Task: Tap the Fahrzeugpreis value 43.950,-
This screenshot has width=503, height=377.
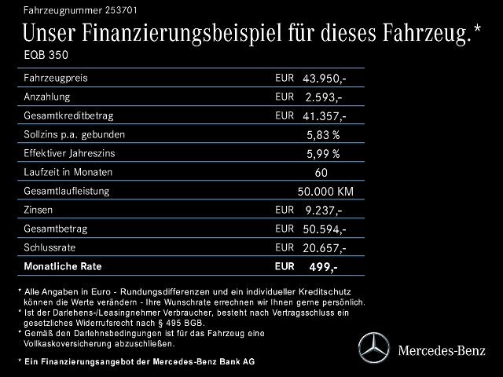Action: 323,79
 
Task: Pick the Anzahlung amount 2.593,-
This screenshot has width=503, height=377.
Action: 323,97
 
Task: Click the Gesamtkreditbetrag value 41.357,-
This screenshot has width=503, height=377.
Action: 323,116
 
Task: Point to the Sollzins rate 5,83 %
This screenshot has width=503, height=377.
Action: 323,135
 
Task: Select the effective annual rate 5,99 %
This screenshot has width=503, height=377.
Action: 323,154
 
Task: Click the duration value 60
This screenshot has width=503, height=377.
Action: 321,173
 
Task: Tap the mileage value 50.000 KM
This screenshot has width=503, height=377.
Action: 325,192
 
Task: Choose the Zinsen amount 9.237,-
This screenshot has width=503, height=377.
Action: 323,210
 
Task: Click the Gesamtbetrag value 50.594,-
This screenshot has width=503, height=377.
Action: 323,229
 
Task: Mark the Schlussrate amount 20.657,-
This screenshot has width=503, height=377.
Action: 323,248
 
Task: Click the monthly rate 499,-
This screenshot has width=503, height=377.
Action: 323,268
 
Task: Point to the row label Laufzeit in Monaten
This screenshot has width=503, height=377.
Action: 68,172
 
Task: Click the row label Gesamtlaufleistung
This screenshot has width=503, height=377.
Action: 67,191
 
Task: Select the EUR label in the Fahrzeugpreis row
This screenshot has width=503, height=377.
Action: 285,78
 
